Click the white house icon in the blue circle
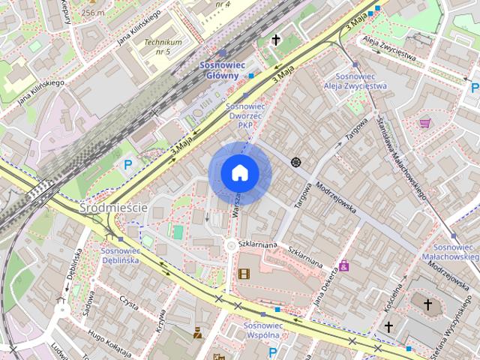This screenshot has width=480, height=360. click(x=240, y=172)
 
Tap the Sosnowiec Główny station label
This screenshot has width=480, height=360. click(x=220, y=70)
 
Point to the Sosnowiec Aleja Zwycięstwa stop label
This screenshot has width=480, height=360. click(x=355, y=82)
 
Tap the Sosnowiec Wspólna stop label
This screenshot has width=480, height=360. click(x=262, y=331)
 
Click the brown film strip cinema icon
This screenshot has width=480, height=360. click(x=244, y=273)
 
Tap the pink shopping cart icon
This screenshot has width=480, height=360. click(x=425, y=123)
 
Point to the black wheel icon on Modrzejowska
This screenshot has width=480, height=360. click(x=295, y=162)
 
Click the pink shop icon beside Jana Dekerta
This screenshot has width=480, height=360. click(x=343, y=265)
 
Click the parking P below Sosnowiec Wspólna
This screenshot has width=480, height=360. click(x=272, y=352)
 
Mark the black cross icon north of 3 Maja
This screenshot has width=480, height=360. click(x=275, y=40)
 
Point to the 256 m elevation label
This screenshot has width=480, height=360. click(x=93, y=13)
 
